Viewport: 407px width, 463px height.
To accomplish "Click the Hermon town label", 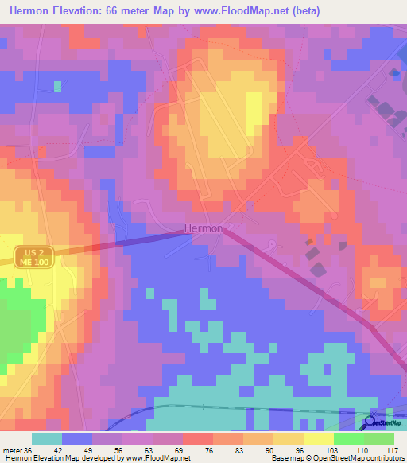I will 203,228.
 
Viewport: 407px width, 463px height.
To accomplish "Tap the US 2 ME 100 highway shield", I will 33,256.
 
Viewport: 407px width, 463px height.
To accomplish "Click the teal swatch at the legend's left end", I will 46,438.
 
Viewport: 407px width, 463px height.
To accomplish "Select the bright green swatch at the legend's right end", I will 378,438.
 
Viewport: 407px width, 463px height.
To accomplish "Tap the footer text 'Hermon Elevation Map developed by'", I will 62,458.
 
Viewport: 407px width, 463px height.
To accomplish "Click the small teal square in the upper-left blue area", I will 57,86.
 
